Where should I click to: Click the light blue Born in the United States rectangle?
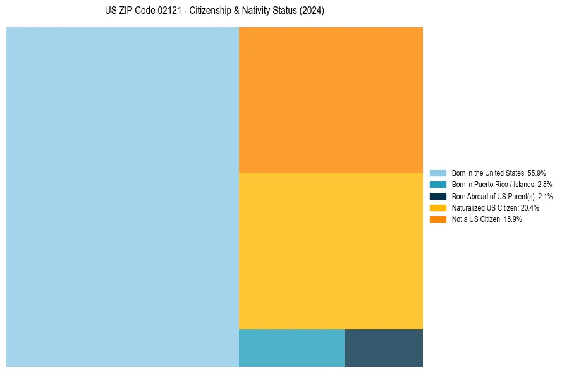click(123, 197)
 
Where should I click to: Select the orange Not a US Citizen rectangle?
click(331, 99)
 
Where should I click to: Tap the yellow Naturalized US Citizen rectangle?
click(331, 250)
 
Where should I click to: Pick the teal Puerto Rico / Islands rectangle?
click(291, 348)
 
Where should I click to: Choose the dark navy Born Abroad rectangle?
click(384, 348)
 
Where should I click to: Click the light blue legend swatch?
click(437, 173)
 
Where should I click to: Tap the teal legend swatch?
click(437, 185)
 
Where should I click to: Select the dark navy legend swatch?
click(437, 196)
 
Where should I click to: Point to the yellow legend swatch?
click(437, 207)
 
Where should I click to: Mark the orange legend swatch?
click(437, 219)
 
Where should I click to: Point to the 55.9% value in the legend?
click(537, 173)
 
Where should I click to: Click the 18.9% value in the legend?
click(513, 219)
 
